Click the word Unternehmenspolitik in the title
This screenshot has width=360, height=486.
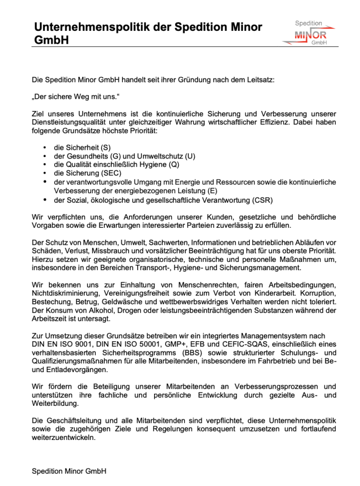(92, 27)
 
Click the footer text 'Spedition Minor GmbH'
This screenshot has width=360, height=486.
(69, 471)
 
